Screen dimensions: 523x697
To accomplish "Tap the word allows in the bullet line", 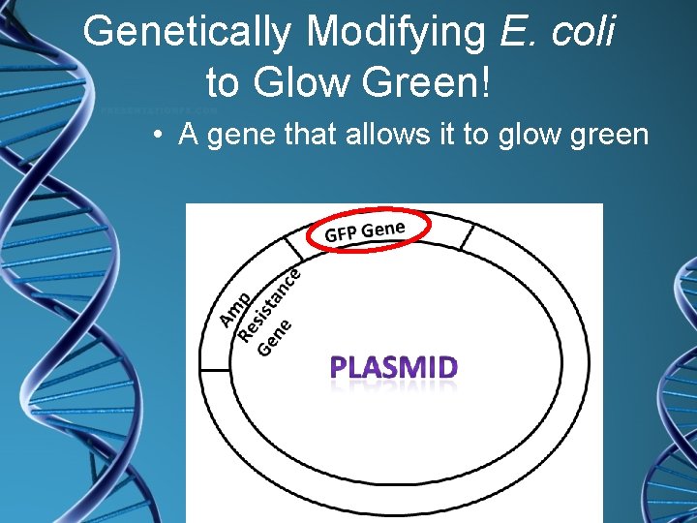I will (373, 135).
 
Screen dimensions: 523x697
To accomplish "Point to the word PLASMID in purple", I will (394, 368).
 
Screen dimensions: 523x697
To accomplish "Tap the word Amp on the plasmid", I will (236, 307).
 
